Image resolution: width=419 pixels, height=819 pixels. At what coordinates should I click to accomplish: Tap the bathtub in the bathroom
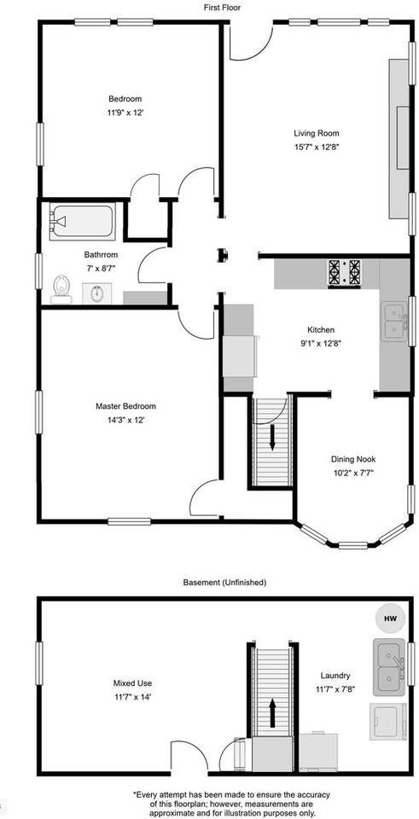(79, 222)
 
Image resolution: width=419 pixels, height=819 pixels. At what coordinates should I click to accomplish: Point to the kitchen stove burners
(344, 272)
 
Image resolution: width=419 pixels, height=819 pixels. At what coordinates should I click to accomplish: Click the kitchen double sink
(394, 321)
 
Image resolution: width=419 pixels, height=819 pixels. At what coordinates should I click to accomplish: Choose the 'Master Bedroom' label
(125, 406)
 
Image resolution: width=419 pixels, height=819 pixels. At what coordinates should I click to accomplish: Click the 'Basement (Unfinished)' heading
(224, 582)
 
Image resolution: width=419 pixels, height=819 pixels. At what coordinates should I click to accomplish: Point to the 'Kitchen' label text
(321, 330)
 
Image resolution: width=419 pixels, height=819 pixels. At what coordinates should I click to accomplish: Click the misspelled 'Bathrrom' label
(101, 254)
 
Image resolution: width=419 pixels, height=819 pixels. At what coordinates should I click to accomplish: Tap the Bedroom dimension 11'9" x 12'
(125, 112)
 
